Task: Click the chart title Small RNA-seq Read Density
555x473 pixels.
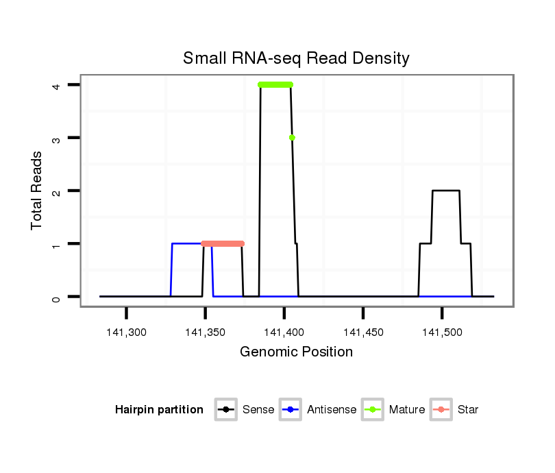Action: click(x=296, y=58)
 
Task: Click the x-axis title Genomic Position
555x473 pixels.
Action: click(x=296, y=352)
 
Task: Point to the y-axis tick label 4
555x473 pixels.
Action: click(x=58, y=85)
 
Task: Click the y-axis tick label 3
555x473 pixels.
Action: click(x=58, y=138)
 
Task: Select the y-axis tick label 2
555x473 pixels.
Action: click(x=58, y=191)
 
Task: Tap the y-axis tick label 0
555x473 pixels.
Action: click(x=58, y=297)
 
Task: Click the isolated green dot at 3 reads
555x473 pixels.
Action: click(x=292, y=138)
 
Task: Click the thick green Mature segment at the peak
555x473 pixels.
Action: click(x=275, y=85)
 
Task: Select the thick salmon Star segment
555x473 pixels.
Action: click(x=223, y=243)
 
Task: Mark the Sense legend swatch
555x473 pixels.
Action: click(x=225, y=410)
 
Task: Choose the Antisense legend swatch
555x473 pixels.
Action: click(x=291, y=410)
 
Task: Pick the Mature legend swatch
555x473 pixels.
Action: click(x=372, y=410)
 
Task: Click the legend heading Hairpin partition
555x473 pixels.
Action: click(x=159, y=410)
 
